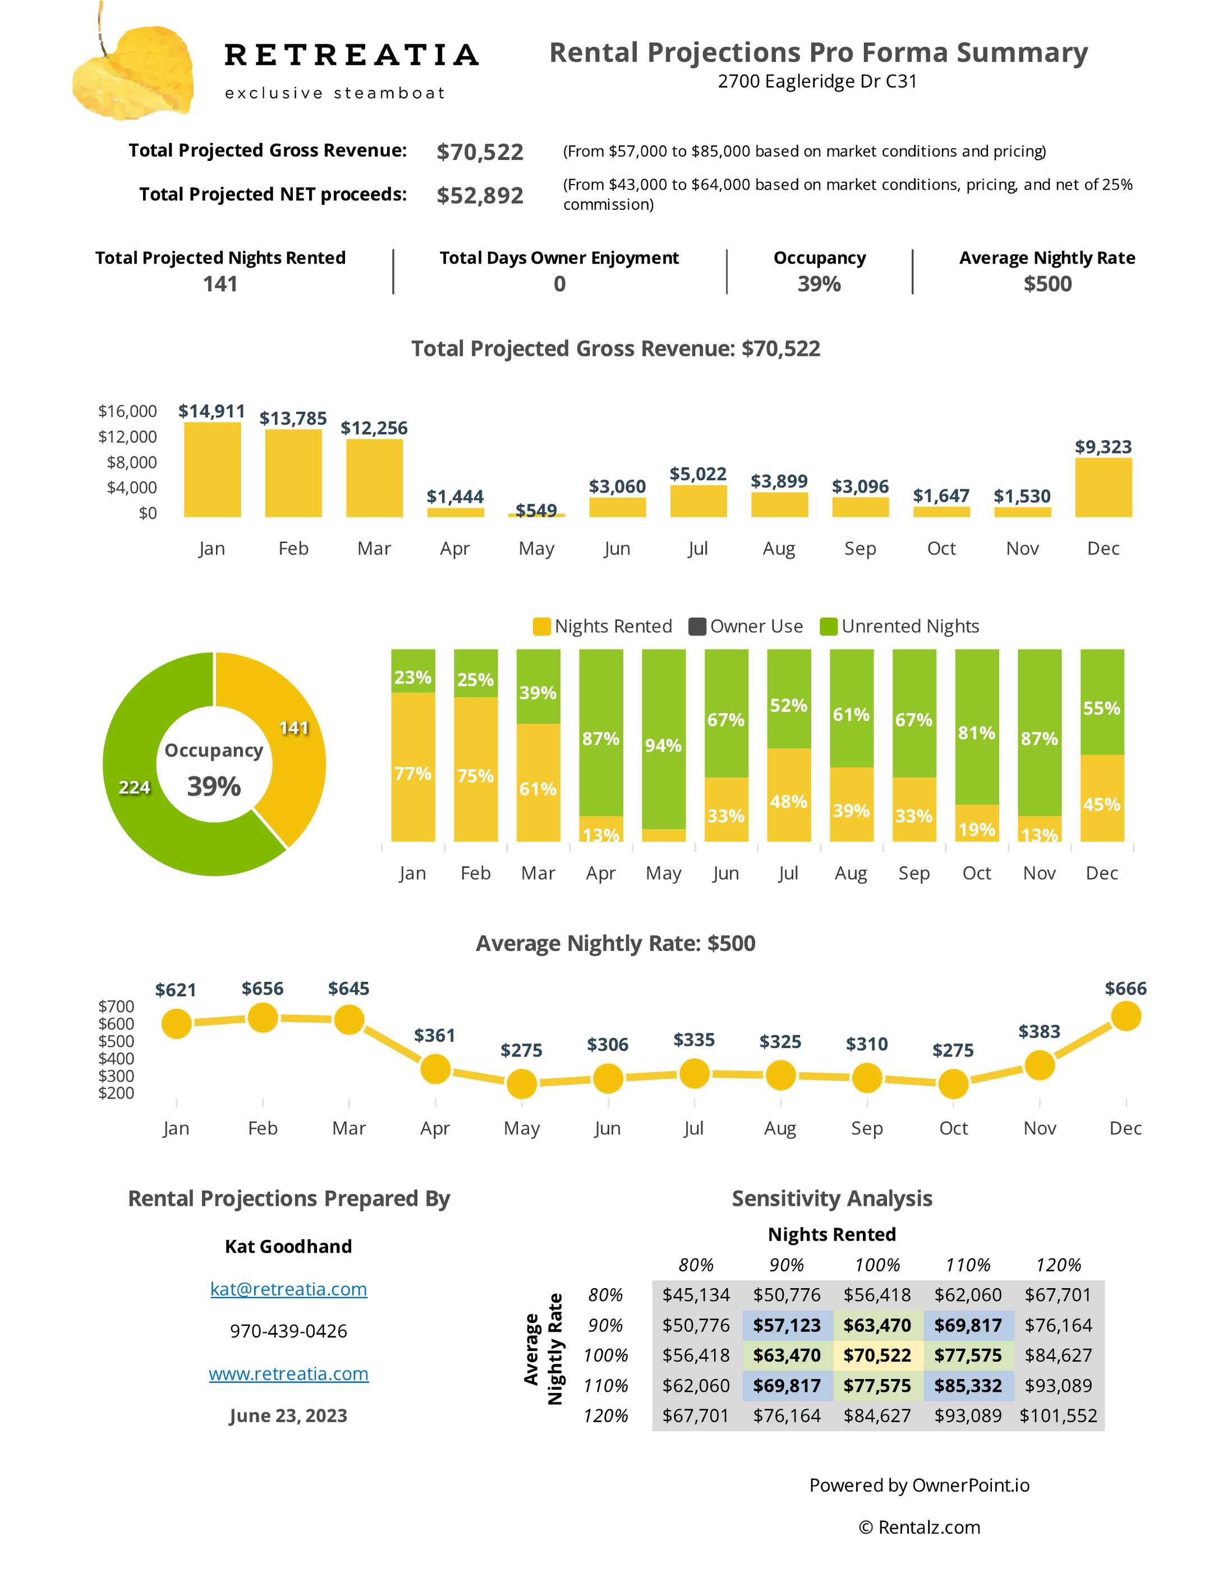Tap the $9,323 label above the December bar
tap(1103, 446)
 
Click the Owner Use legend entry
tap(746, 626)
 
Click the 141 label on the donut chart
tap(293, 728)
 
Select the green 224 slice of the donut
tap(135, 787)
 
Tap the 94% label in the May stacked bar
tap(663, 745)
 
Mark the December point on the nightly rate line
tap(1125, 1016)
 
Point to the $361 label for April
tap(435, 1035)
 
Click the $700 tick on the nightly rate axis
tap(117, 1005)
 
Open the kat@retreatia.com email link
tap(288, 1289)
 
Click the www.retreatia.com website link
tap(288, 1374)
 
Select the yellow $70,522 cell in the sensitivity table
tap(877, 1355)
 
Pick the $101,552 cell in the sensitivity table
tap(1058, 1415)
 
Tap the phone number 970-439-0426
tap(288, 1331)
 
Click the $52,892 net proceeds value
tap(480, 195)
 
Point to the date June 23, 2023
tap(288, 1415)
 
